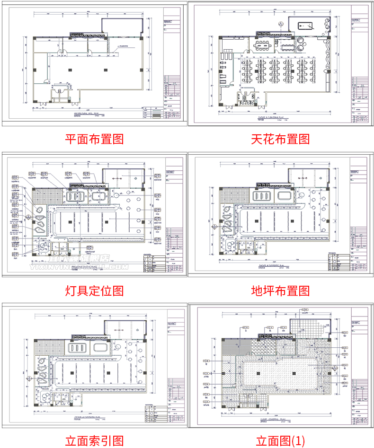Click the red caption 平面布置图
click(94, 139)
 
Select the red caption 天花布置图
click(281, 139)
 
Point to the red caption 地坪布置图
click(281, 290)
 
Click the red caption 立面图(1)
click(281, 441)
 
